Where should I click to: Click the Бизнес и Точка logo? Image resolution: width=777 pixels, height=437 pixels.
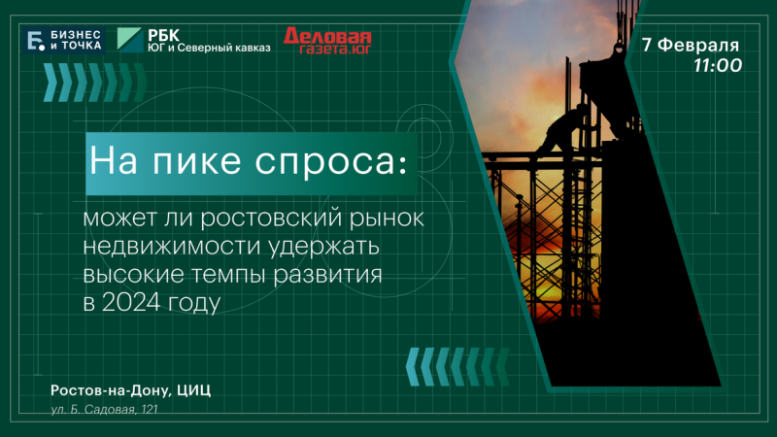63,40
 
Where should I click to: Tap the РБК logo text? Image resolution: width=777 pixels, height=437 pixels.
163,36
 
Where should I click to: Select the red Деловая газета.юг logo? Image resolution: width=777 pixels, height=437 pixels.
327,40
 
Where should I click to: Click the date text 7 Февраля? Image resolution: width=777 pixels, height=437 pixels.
691,45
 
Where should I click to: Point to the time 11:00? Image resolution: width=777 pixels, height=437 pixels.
718,65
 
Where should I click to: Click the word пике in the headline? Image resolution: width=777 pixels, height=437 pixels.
197,161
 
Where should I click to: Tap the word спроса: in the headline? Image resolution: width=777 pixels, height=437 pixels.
331,162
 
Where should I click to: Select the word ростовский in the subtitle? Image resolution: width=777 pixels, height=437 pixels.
271,218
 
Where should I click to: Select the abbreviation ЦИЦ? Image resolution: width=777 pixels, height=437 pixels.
193,390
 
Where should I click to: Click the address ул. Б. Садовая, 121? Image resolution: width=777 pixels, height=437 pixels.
104,409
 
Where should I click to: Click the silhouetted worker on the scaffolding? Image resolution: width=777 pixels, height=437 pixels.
562,130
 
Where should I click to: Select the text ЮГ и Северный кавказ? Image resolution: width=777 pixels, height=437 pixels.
209,48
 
